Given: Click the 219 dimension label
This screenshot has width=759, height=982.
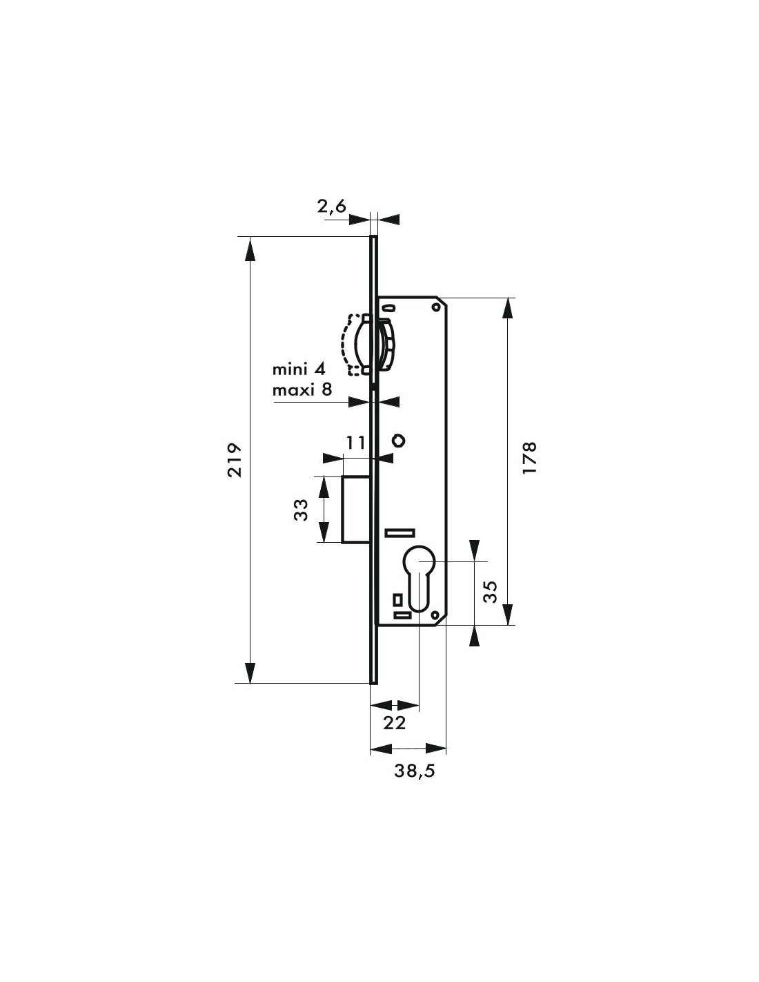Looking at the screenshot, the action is click(x=235, y=461).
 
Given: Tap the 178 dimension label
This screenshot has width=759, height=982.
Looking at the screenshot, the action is click(x=529, y=458).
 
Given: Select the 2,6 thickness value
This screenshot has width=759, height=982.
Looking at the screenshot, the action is click(x=331, y=206).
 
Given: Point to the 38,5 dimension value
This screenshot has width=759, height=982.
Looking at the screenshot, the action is click(x=414, y=771).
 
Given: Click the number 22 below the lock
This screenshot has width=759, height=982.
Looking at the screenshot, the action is click(x=395, y=723).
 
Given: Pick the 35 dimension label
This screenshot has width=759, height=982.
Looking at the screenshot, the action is click(x=490, y=592).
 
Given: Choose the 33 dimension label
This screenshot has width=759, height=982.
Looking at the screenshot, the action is click(x=301, y=510).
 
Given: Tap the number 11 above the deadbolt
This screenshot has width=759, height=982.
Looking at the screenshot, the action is click(x=355, y=443).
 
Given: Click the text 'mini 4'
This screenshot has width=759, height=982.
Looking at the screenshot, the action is click(x=299, y=369).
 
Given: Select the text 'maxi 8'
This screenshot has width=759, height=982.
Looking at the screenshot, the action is click(x=302, y=389).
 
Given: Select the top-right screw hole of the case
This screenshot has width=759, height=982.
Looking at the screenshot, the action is click(x=435, y=308).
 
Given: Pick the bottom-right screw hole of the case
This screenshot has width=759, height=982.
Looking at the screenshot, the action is click(x=435, y=615).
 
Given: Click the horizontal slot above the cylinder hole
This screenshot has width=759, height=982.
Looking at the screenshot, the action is click(x=400, y=533).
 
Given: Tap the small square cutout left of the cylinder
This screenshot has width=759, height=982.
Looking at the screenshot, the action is click(x=398, y=599).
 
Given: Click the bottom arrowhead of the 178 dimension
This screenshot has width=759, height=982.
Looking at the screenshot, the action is click(x=508, y=615).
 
